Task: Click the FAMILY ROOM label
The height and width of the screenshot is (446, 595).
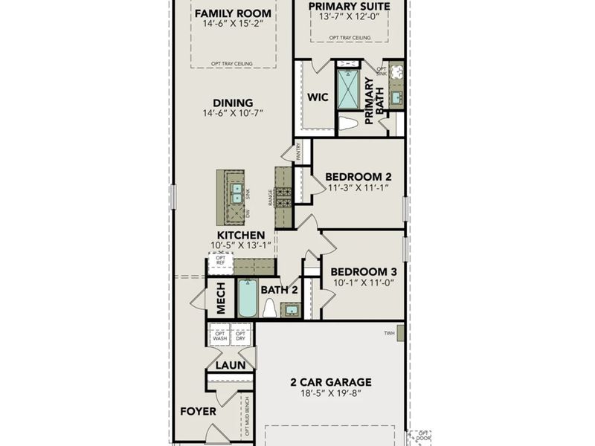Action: click(233, 13)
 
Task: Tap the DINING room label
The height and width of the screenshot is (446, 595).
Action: click(233, 103)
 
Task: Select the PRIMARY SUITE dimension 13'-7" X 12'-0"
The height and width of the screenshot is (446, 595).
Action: click(350, 17)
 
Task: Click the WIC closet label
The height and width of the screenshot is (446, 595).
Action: click(318, 97)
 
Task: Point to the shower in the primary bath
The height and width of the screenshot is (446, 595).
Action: click(347, 89)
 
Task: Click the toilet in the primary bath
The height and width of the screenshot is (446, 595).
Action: click(348, 123)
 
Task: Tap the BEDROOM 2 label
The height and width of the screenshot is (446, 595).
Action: click(359, 176)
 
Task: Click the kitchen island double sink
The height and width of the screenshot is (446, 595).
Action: click(237, 193)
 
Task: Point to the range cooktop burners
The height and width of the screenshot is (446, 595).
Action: click(283, 196)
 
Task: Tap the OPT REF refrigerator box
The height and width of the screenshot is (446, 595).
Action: click(221, 262)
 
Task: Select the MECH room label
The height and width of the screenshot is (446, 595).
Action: click(220, 298)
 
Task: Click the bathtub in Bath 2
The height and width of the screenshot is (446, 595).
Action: click(248, 299)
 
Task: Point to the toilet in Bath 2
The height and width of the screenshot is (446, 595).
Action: click(269, 308)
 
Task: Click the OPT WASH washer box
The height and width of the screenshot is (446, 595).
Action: click(219, 335)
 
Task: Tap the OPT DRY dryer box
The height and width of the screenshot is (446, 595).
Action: click(240, 335)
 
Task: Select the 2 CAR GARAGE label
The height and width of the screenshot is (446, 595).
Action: click(330, 383)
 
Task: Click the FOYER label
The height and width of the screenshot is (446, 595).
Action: click(198, 411)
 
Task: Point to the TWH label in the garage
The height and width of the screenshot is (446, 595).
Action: click(389, 333)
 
